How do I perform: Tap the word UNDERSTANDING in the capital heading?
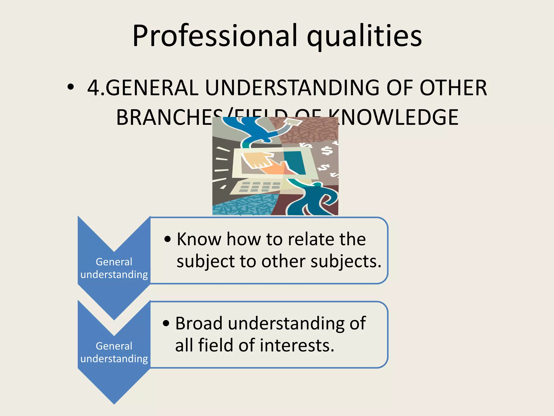292,88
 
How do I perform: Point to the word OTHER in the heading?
453,88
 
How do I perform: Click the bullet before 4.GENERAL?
71,87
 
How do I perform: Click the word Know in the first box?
199,239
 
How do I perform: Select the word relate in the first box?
311,239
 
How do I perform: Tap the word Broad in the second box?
199,323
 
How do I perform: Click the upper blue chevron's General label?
114,262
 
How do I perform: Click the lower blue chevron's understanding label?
114,359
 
